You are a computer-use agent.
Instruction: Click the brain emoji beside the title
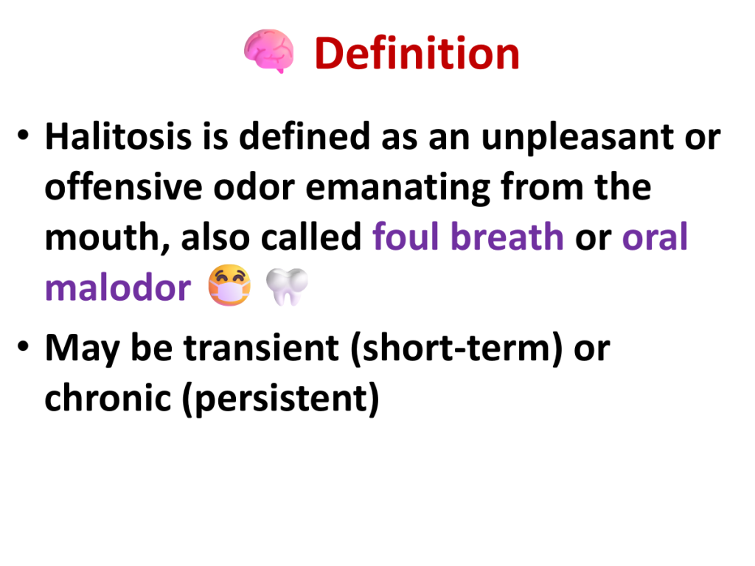pos(268,51)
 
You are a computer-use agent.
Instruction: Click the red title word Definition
pos(417,53)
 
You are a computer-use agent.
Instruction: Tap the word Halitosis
pos(119,136)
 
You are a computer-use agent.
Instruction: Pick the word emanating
pos(397,189)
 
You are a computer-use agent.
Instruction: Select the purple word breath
pos(507,237)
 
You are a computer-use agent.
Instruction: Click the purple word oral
pos(655,237)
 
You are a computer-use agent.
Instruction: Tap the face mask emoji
pos(229,285)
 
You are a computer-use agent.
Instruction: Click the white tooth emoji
pos(287,287)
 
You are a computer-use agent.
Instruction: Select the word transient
pos(262,348)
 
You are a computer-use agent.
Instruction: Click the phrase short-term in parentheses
pos(456,348)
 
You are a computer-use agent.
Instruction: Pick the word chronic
pos(108,398)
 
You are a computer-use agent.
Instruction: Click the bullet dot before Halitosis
pos(23,135)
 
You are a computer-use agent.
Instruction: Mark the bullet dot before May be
pos(23,346)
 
